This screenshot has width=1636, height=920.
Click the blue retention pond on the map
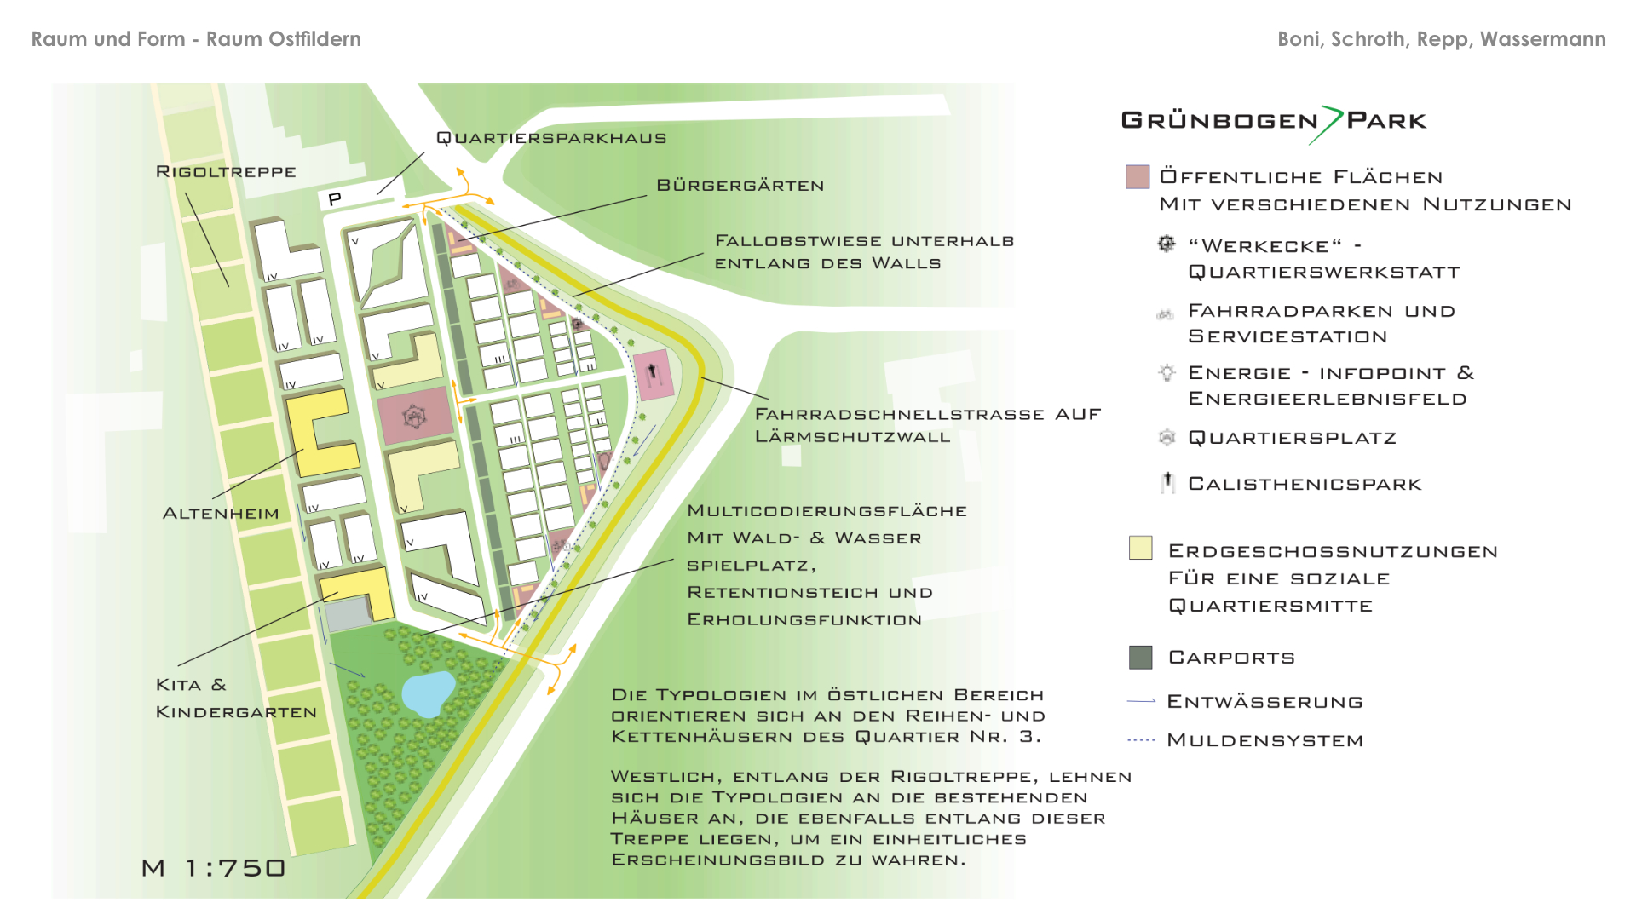coord(428,692)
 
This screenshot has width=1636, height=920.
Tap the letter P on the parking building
coord(335,198)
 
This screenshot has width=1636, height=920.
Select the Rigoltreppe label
coord(226,172)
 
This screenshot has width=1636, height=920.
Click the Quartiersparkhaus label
coord(550,138)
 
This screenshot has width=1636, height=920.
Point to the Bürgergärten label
coord(740,186)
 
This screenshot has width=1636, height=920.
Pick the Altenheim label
coord(221,514)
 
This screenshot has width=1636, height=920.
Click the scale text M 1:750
coord(213,868)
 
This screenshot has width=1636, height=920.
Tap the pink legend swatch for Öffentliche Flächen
coord(1138,177)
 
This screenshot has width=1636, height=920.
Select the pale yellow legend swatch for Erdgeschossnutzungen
coord(1140,548)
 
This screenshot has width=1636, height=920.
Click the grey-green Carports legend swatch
coord(1140,657)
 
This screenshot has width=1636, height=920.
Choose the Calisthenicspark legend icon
coord(1167,483)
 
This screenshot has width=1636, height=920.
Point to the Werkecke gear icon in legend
coord(1167,244)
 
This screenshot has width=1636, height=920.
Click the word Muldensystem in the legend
coord(1264,740)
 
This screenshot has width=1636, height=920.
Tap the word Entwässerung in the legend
coord(1264,702)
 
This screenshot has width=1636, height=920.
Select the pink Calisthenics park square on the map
coord(654,373)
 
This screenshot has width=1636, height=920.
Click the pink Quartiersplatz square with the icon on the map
coord(414,417)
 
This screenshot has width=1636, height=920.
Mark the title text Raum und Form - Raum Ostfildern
coord(196,39)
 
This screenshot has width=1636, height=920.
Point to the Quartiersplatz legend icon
coord(1167,437)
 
